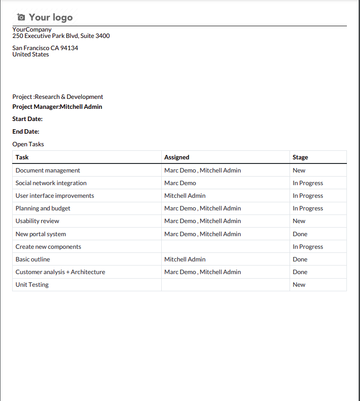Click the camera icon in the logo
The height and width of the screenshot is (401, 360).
coord(21,17)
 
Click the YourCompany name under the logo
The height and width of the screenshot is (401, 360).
coord(32,30)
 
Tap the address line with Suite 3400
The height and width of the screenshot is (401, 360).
coord(61,36)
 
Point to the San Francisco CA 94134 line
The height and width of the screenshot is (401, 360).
coord(45,48)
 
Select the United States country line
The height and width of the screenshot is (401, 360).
coord(31,55)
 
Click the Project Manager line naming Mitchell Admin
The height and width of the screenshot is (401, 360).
coord(57,107)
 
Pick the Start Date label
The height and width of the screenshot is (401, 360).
coord(28,119)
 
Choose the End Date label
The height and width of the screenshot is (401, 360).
coord(26,132)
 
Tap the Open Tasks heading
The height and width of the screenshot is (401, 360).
coord(28,145)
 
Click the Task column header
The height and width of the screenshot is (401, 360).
coord(22,158)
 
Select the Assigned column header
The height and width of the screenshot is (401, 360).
coord(177,158)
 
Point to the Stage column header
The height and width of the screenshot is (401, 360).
coord(300,158)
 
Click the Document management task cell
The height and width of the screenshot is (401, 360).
coord(48,171)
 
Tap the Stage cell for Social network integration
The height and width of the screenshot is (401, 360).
coord(308,183)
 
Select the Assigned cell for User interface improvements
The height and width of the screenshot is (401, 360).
coord(185,196)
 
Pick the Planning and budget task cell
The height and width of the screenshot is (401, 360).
coord(43,209)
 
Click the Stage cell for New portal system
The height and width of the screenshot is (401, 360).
coord(300,234)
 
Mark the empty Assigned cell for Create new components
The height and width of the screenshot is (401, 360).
coord(225,247)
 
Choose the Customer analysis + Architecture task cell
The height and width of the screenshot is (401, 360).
coord(61,272)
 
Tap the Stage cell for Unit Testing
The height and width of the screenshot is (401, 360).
coord(299,285)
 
